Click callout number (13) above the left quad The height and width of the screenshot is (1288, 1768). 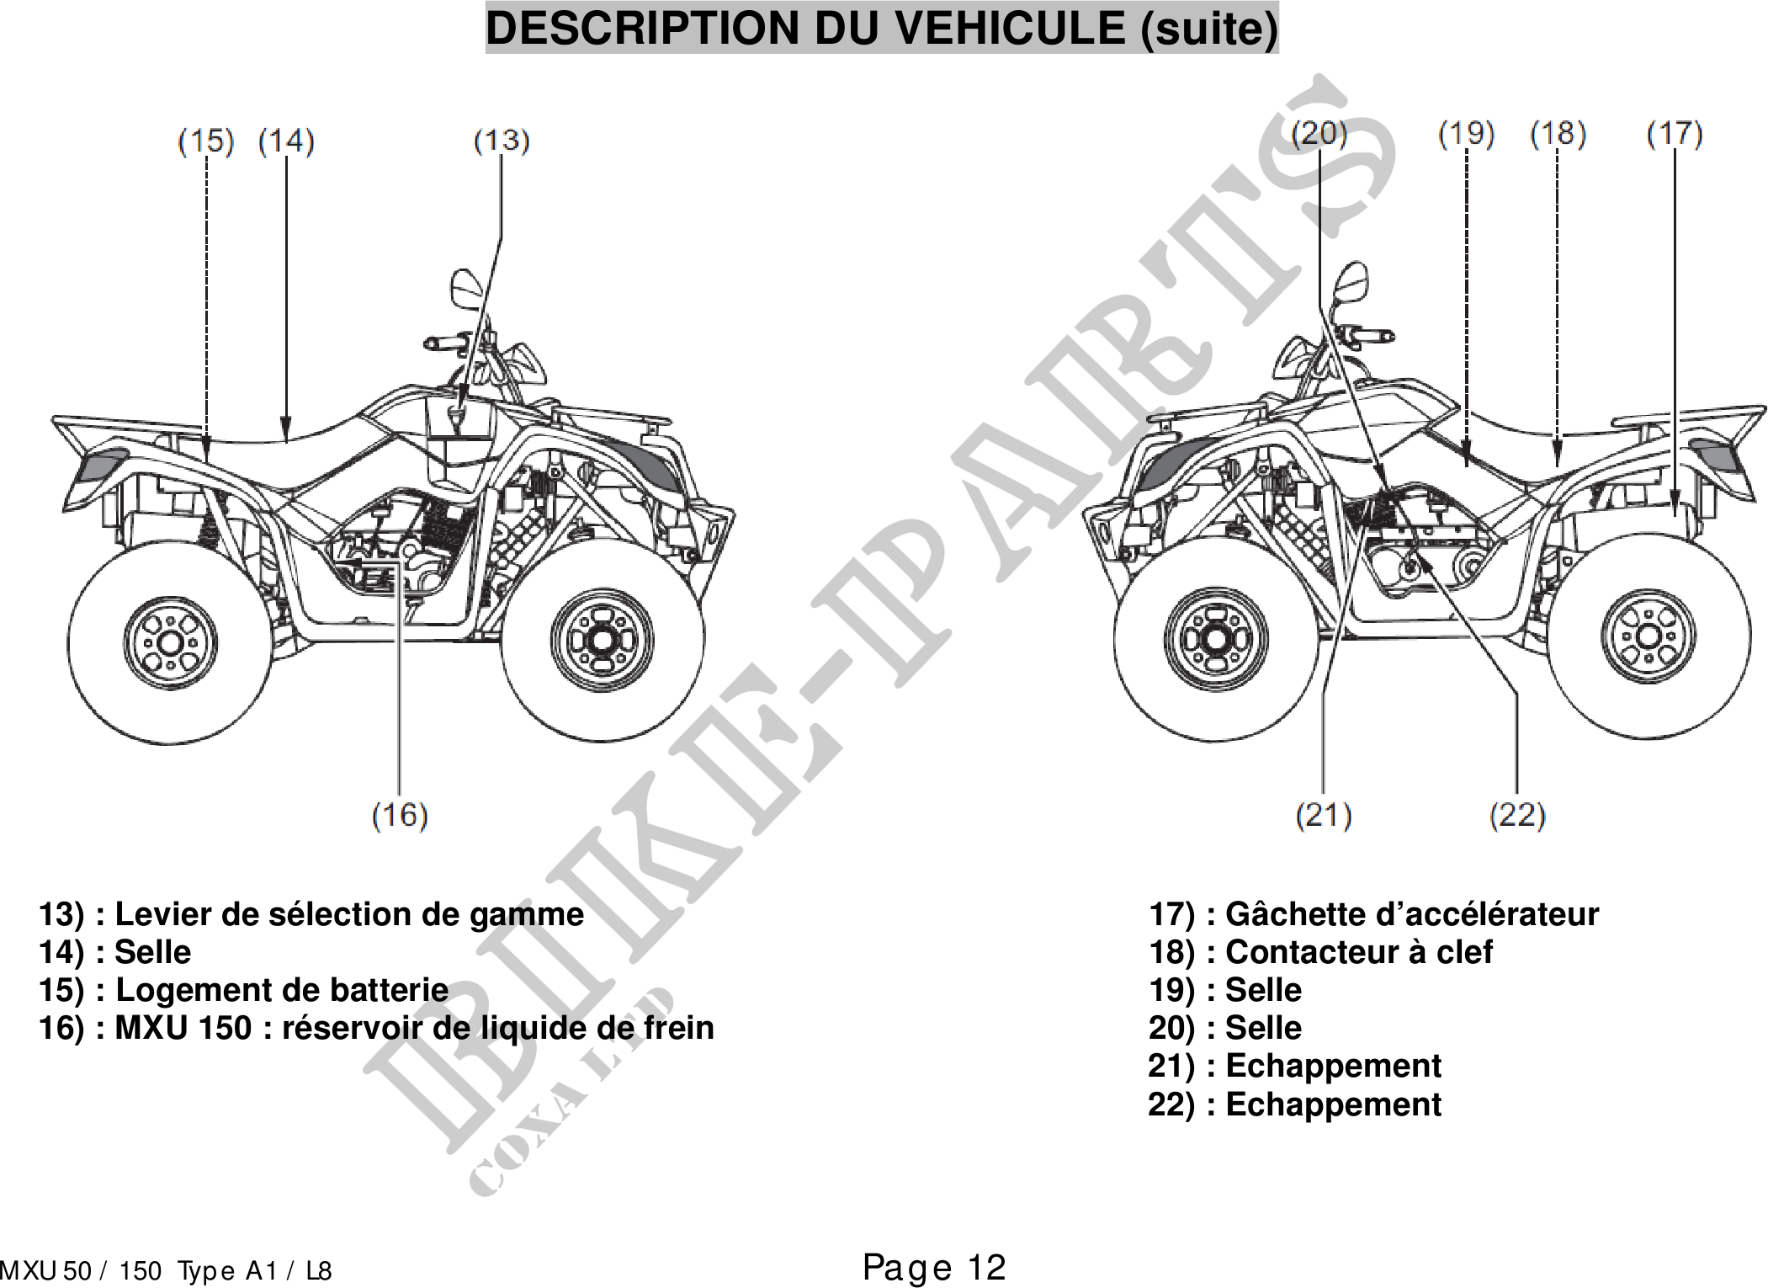[x=502, y=141]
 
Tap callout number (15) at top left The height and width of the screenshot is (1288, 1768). [x=205, y=141]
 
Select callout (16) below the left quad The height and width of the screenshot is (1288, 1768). [x=400, y=815]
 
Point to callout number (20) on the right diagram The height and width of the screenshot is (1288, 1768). [x=1319, y=133]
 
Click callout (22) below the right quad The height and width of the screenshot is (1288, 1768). [x=1517, y=815]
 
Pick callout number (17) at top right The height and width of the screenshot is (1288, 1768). [x=1674, y=133]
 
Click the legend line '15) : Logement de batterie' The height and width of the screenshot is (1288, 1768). [x=244, y=990]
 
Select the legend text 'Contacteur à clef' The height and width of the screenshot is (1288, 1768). [x=1358, y=952]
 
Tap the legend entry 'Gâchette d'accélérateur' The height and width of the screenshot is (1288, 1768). [x=1411, y=914]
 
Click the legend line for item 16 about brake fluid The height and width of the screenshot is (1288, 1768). [x=376, y=1028]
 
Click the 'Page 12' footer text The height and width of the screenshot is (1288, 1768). [x=934, y=1267]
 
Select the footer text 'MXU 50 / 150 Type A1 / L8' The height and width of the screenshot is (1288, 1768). [x=166, y=1270]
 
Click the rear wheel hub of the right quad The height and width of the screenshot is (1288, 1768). [x=1648, y=636]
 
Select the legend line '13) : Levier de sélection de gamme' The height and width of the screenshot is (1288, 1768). [x=311, y=914]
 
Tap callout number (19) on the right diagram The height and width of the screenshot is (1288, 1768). [x=1466, y=133]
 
